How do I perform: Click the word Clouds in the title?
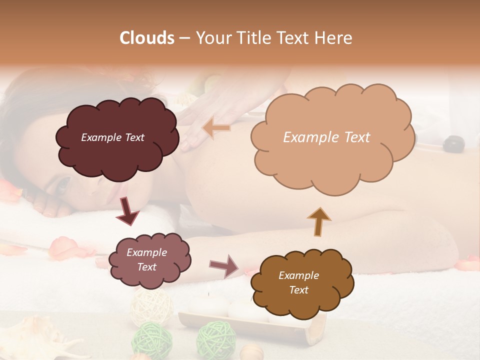[147, 38]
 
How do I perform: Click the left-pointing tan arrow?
[216, 128]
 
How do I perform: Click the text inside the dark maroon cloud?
[112, 137]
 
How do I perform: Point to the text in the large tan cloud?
[326, 137]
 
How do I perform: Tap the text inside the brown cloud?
[298, 282]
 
